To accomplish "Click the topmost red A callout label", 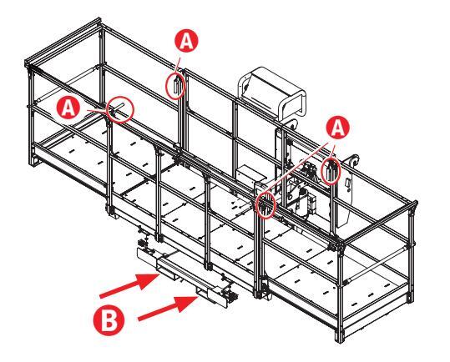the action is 186,40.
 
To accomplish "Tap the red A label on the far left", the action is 68,108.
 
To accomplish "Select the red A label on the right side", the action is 338,128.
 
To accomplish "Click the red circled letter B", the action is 109,320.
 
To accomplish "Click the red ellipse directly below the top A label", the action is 175,85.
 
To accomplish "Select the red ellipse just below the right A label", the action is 331,171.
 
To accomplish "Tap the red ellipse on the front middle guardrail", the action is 265,204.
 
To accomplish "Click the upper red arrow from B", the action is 129,285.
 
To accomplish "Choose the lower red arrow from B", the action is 169,308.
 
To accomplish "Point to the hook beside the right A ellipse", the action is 354,161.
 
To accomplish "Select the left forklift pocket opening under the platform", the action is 165,273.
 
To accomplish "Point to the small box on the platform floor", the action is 245,174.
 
